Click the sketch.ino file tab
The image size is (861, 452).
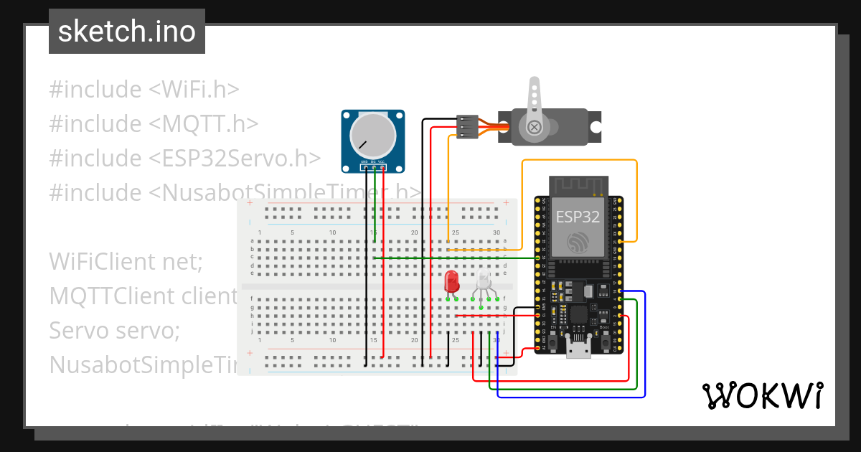tap(126, 32)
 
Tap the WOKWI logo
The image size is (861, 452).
tap(761, 395)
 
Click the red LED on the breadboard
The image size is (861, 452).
tap(451, 281)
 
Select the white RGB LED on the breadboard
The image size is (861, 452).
tap(484, 282)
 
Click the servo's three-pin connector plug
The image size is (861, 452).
tap(467, 126)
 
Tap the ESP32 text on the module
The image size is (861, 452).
tap(578, 217)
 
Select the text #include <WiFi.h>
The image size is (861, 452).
tap(143, 90)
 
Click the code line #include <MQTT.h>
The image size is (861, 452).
tap(154, 124)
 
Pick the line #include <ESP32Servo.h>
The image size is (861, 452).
tap(184, 159)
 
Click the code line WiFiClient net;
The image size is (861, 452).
tap(126, 262)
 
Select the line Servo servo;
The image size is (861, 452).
tap(114, 331)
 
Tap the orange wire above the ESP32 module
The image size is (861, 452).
tap(578, 160)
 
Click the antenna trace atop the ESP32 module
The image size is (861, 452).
tap(578, 185)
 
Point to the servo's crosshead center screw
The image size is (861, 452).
tap(534, 128)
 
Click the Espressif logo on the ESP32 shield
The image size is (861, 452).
tap(578, 243)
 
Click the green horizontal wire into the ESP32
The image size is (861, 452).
tap(459, 258)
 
